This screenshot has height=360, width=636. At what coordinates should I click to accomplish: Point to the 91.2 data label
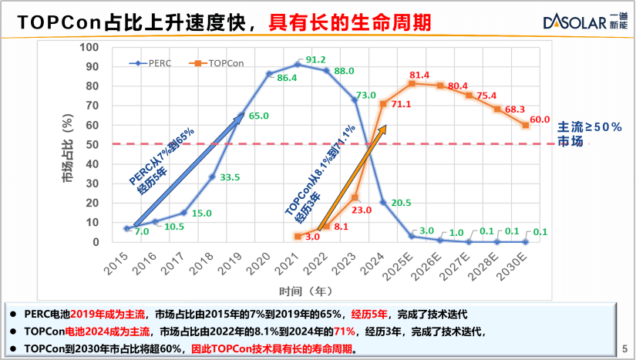point(316,59)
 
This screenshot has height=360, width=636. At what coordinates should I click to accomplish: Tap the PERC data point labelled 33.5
point(212,177)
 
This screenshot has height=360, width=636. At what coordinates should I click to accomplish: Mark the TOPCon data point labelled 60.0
point(526,125)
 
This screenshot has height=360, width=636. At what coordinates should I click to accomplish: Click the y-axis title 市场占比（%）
point(68,150)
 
